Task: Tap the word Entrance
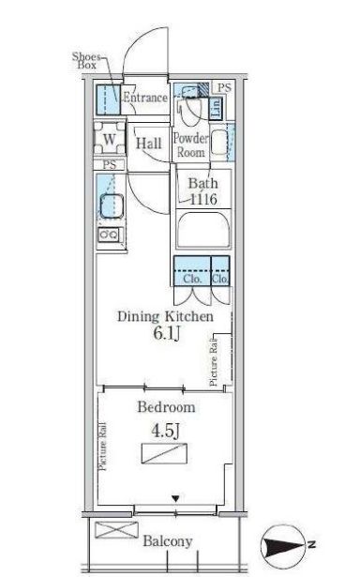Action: (x=145, y=98)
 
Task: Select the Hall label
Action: (x=148, y=144)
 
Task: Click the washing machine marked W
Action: (x=109, y=141)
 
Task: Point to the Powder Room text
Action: (x=192, y=145)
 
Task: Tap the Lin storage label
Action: (x=216, y=107)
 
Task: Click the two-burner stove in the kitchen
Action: (x=109, y=235)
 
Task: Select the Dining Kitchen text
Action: (x=164, y=317)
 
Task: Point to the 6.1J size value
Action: (x=164, y=335)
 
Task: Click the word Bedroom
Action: (x=166, y=407)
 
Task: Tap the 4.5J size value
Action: (x=165, y=432)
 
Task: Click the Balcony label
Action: (x=168, y=541)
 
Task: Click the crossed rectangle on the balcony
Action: (x=115, y=531)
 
